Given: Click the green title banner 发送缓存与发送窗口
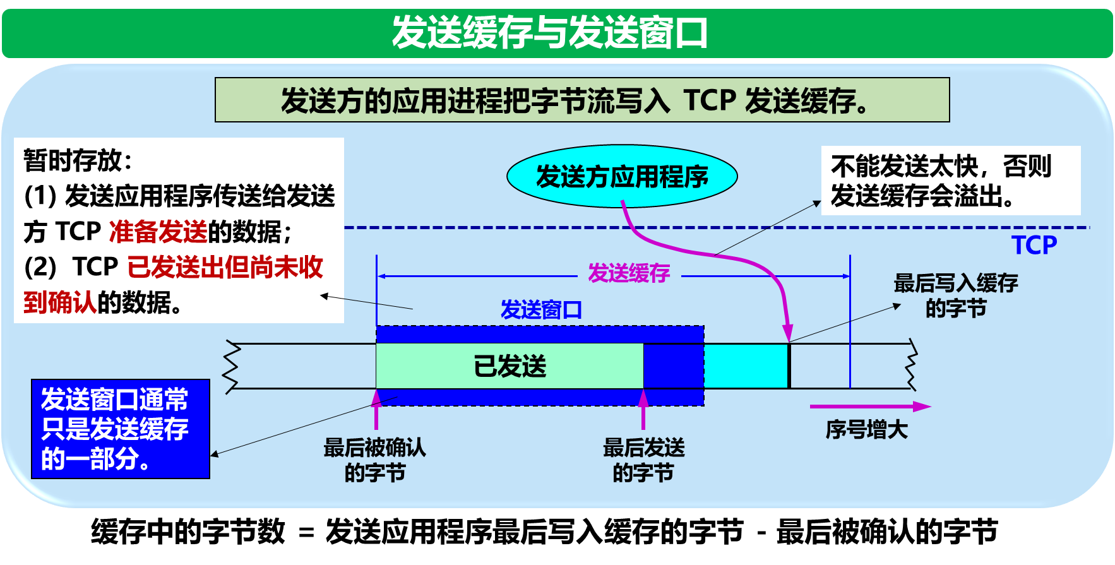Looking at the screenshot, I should (x=557, y=33).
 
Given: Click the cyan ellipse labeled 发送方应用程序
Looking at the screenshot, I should (x=622, y=176).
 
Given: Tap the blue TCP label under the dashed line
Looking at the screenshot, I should (x=1034, y=245).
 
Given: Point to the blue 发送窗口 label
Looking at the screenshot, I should (x=541, y=310).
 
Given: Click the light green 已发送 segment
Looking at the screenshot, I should (x=510, y=366).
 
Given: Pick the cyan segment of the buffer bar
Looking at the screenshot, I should (x=745, y=366).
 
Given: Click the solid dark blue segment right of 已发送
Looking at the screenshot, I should (x=673, y=366).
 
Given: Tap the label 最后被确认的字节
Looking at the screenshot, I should (x=374, y=460).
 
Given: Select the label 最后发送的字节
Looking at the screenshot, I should (x=643, y=460).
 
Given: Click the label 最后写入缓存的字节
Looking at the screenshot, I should (x=956, y=295).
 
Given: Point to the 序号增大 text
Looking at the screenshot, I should (x=866, y=430).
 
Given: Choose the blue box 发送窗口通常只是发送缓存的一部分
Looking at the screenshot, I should (x=120, y=429).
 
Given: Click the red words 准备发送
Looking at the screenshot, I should (x=158, y=232).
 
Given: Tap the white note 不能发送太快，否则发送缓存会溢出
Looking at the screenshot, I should (x=950, y=181).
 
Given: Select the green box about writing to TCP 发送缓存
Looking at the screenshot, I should (x=581, y=100).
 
